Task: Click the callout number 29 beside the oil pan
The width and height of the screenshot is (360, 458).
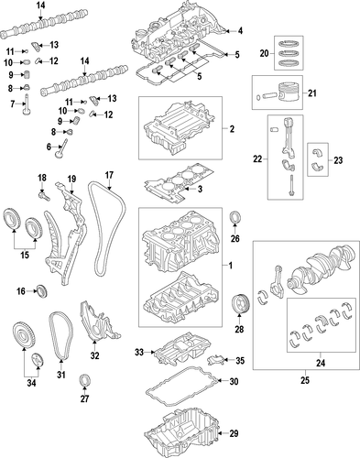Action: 234,433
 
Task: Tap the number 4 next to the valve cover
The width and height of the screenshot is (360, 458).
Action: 240,31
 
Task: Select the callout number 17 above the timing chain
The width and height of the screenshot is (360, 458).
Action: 109,175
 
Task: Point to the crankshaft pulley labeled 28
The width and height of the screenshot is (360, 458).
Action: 240,303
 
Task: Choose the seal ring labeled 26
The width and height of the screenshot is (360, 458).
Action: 235,217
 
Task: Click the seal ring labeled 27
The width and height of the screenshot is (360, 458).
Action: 84,379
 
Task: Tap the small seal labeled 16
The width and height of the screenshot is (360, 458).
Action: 42,291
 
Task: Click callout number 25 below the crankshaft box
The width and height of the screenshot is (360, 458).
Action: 305,380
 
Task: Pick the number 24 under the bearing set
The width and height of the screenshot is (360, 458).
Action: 321,363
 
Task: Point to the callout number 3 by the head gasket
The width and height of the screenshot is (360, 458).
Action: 200,190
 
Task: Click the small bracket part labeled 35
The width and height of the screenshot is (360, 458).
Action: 216,360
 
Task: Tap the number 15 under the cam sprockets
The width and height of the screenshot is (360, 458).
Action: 25,255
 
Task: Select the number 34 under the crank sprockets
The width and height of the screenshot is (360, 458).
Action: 31,383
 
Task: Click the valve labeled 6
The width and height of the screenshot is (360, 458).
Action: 60,148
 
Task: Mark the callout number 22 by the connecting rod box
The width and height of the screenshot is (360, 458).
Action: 257,158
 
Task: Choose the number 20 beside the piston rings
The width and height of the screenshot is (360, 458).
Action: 265,53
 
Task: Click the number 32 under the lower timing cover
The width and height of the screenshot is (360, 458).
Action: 95,355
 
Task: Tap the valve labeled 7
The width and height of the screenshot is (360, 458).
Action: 27,104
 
